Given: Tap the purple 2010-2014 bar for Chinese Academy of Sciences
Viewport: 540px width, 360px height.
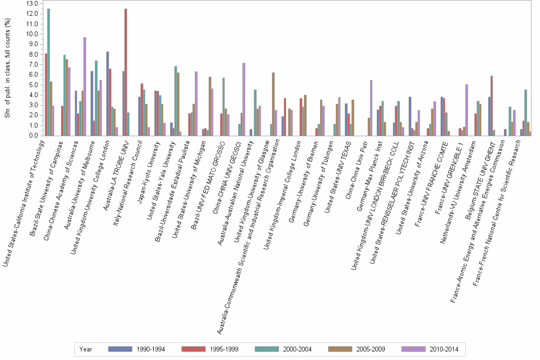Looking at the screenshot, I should click(85, 86).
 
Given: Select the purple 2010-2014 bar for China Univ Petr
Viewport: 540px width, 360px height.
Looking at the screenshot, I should click(371, 108).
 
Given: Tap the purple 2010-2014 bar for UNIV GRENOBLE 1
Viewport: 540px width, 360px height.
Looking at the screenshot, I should click(467, 110).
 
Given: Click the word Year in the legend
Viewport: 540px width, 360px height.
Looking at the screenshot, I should click(86, 349).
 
